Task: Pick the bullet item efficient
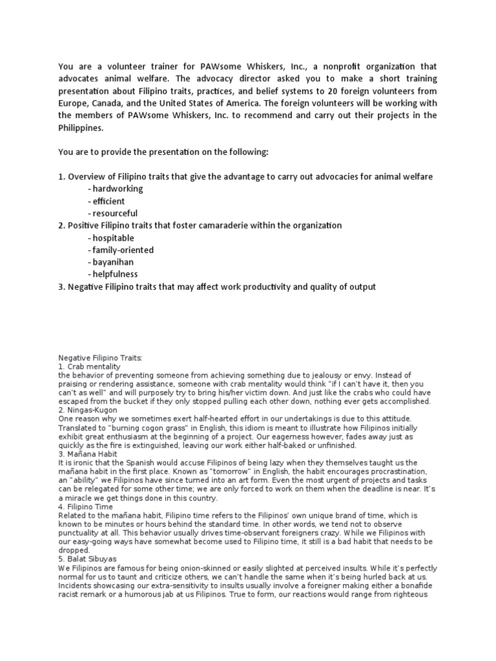[108, 201]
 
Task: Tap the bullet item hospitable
[113, 238]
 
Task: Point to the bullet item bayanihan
[114, 263]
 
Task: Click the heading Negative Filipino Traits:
[100, 357]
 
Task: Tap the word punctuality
[79, 533]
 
